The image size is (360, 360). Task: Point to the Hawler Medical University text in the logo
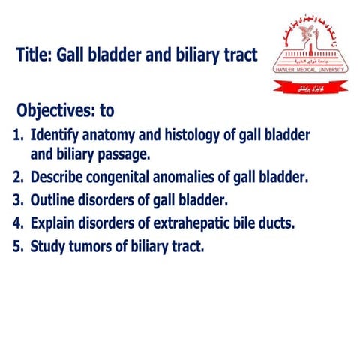click(310, 69)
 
